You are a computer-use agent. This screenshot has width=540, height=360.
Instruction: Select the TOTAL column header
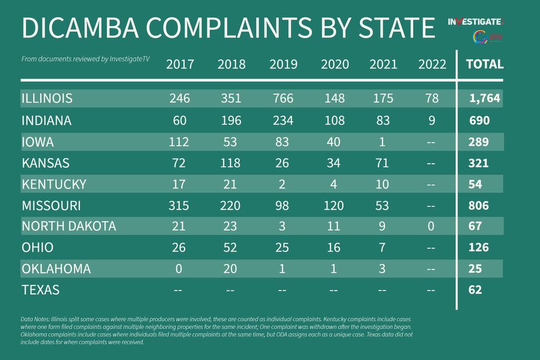coord(484,64)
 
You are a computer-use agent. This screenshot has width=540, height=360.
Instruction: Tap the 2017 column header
coord(180,65)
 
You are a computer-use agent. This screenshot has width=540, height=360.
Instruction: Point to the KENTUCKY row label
coord(54,184)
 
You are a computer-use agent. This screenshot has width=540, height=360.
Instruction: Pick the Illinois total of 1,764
coord(484,99)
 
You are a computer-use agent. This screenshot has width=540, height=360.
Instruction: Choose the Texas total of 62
coord(474,289)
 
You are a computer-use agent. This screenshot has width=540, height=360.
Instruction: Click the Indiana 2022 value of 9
coord(432,120)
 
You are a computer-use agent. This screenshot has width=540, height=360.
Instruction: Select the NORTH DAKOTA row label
coord(69,226)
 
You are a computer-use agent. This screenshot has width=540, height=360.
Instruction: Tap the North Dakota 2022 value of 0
coord(432,226)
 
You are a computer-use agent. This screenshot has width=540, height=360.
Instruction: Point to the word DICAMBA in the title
coord(90,28)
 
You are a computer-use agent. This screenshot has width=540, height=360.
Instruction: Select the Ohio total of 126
coord(478,248)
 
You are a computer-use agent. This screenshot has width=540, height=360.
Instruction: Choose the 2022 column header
coord(432,65)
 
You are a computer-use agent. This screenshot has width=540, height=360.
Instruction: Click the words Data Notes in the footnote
coord(35,320)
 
